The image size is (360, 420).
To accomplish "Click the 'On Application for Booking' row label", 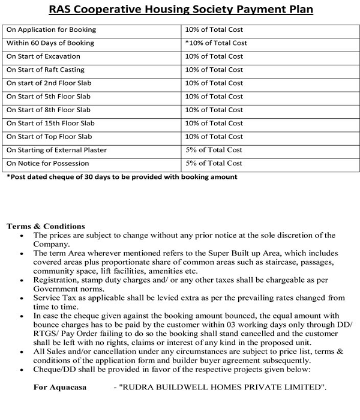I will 51,29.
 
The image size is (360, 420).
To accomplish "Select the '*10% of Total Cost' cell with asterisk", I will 216,43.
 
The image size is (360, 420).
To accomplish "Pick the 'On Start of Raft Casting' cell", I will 46,70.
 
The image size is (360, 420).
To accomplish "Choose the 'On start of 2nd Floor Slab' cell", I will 49,83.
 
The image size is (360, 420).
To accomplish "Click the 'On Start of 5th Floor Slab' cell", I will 49,96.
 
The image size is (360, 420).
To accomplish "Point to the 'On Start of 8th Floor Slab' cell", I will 49,110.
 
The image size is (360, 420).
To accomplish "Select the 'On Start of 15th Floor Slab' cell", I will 50,123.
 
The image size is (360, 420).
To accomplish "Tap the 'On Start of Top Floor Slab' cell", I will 49,136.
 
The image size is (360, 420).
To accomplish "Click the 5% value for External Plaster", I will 214,149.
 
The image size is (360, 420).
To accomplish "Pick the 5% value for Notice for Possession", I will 214,163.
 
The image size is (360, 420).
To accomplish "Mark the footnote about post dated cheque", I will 122,177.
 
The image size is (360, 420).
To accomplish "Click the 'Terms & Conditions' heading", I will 46,226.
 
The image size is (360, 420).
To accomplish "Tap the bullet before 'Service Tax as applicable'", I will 22,298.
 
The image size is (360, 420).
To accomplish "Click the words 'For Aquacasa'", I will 60,388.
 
